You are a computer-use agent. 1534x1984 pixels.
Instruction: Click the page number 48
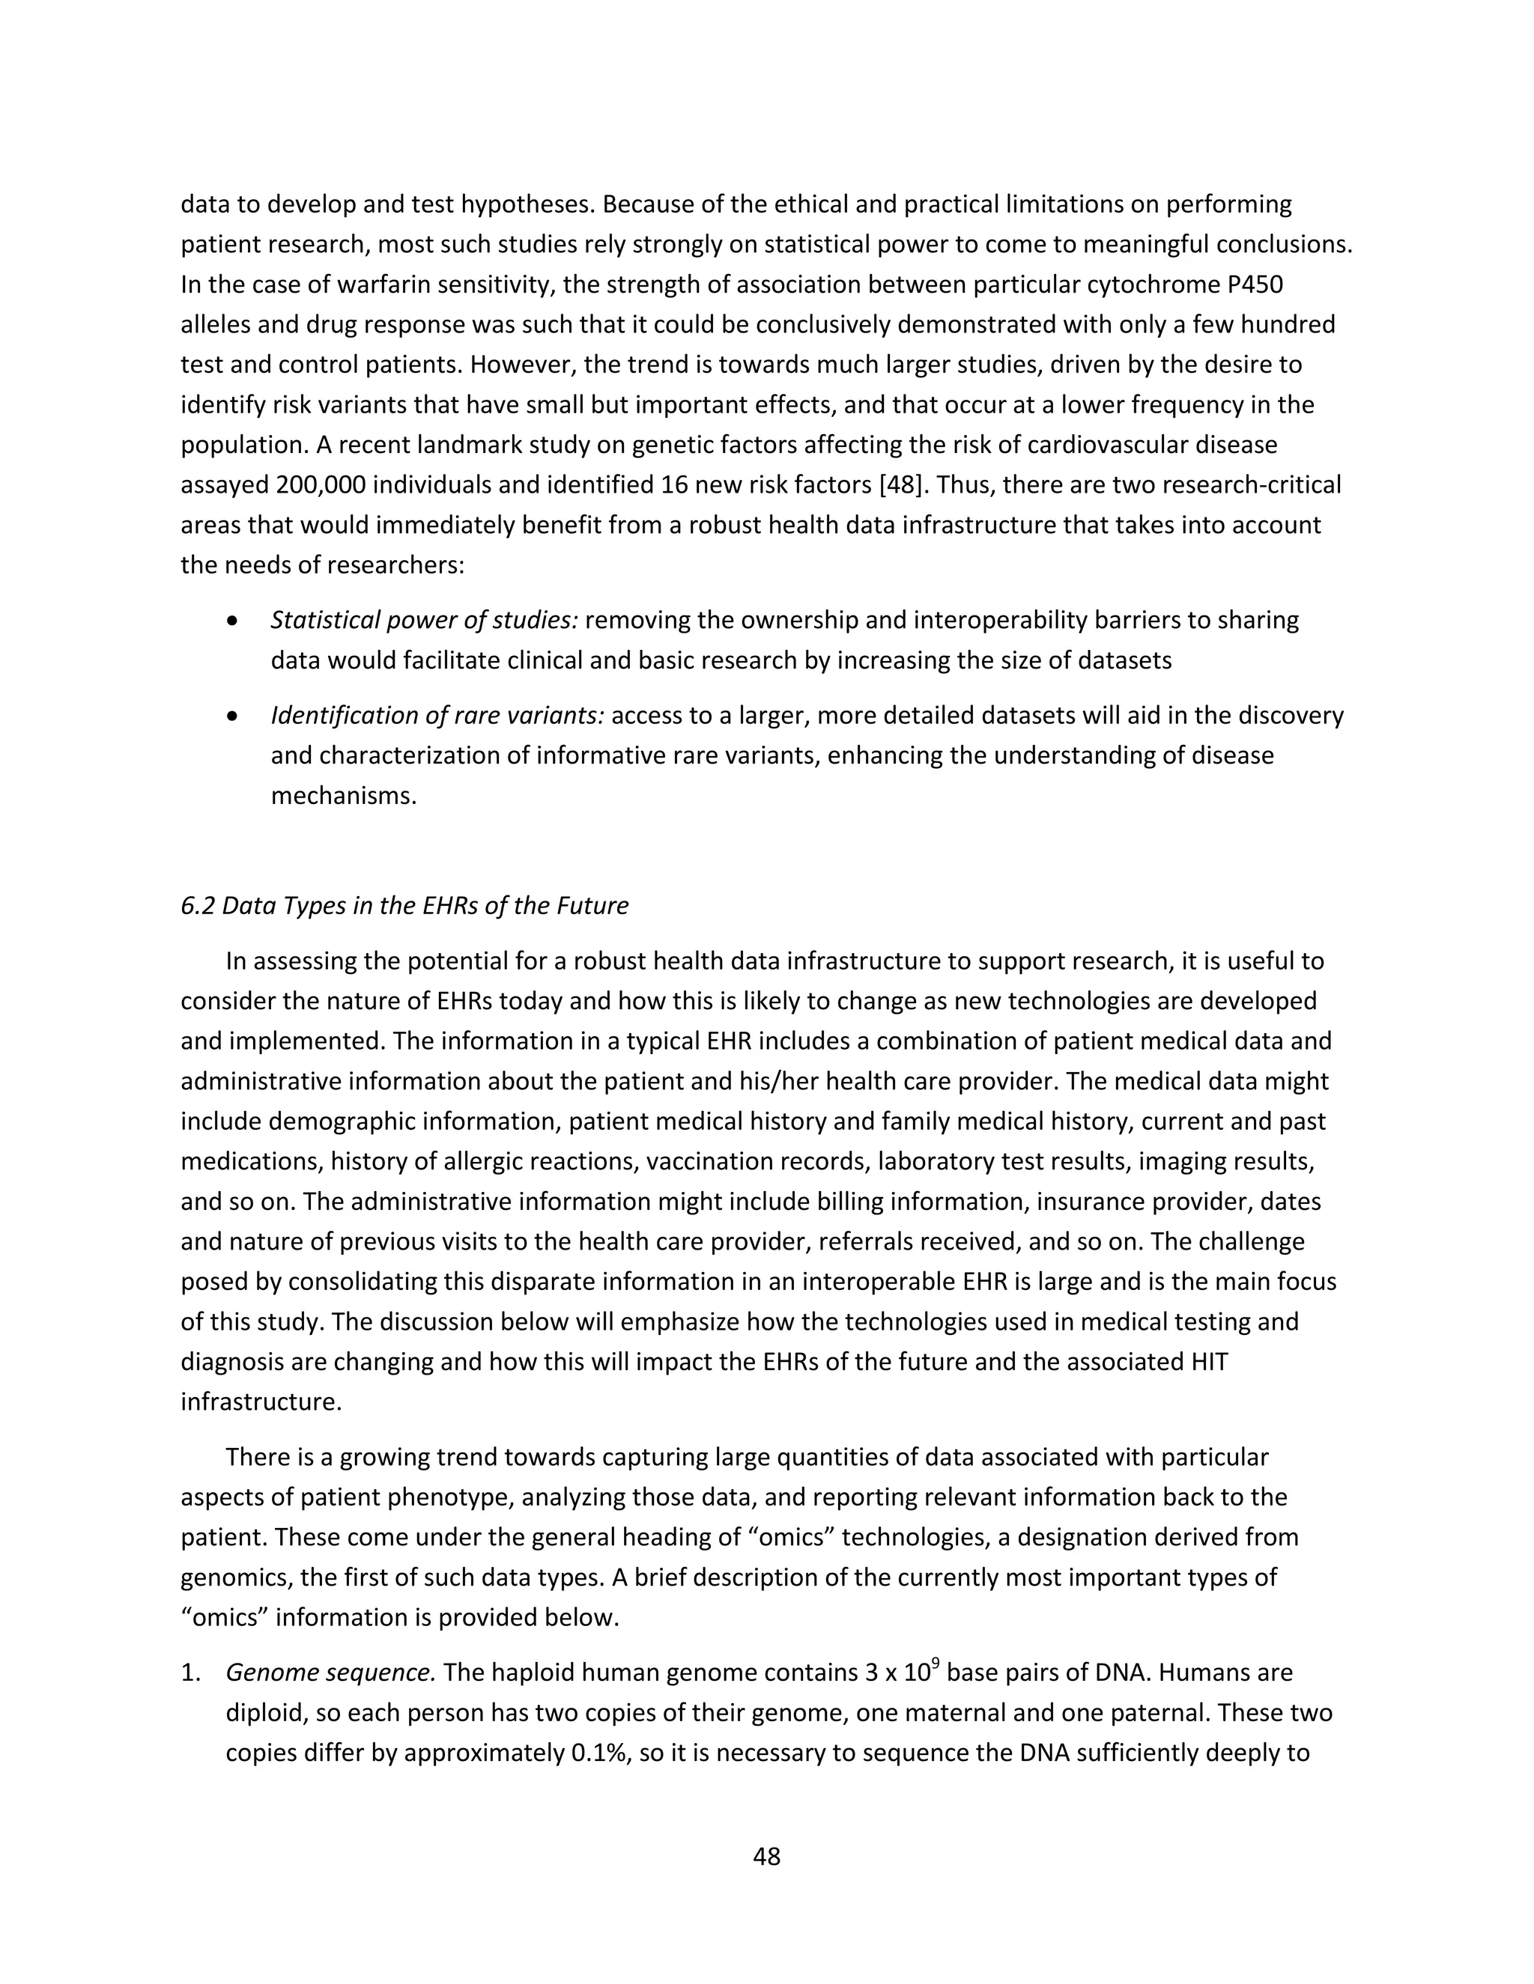(x=766, y=1856)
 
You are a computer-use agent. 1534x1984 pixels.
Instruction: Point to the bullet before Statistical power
(x=234, y=621)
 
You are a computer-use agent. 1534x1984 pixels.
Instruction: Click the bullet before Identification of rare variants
(x=234, y=716)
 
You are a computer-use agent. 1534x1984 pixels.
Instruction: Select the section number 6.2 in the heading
(x=197, y=906)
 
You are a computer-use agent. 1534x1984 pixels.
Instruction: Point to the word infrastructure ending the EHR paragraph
(x=261, y=1402)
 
